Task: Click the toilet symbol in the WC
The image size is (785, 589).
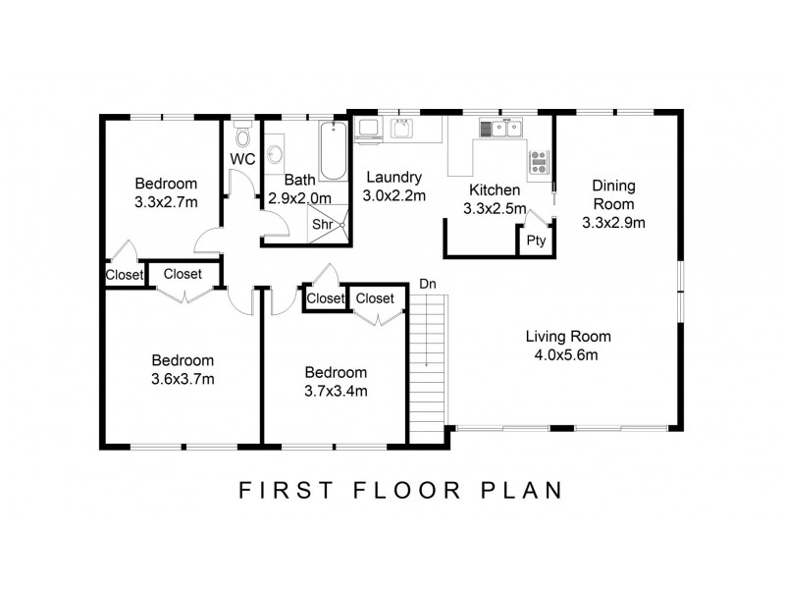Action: (241, 138)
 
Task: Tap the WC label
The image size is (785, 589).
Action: (242, 159)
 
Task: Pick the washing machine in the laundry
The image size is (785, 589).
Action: (368, 129)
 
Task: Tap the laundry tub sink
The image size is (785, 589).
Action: (401, 128)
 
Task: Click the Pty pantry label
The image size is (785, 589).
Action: (535, 241)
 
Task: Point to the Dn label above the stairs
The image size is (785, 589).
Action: (427, 284)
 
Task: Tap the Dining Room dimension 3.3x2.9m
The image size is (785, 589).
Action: (613, 223)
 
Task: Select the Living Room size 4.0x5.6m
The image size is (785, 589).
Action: (566, 355)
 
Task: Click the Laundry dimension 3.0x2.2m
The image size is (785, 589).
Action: (394, 195)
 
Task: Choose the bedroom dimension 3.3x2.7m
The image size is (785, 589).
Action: (166, 202)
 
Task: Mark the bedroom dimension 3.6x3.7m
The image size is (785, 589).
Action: (183, 379)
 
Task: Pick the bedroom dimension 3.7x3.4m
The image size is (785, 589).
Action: (336, 391)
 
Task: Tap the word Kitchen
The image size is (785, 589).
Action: (493, 189)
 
